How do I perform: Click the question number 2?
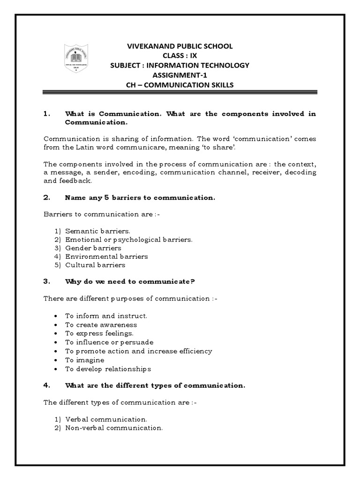click(x=46, y=197)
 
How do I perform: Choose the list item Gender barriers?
click(x=93, y=248)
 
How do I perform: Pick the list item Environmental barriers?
click(x=106, y=256)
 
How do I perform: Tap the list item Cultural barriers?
click(x=95, y=265)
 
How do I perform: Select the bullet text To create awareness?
click(x=101, y=324)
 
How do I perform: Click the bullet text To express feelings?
click(x=99, y=333)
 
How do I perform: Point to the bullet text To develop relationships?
click(x=108, y=369)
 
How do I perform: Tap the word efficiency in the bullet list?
click(x=193, y=351)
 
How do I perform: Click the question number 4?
click(x=46, y=385)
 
